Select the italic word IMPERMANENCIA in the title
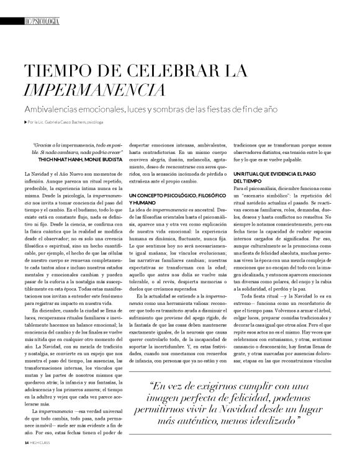92,91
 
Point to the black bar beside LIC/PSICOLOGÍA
11,22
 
